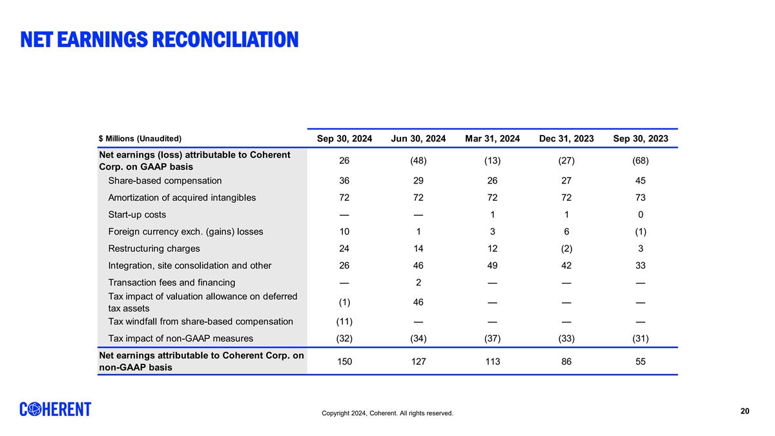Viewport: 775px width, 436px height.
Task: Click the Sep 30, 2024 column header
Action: point(344,139)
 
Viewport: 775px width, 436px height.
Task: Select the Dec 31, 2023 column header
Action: point(566,139)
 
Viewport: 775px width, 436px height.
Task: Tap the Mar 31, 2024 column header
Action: point(492,139)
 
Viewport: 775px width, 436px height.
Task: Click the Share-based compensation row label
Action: point(165,181)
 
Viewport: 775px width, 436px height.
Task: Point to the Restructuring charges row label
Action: point(154,249)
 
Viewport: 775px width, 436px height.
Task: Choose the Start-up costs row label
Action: point(137,214)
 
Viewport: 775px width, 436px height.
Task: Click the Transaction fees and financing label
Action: point(172,282)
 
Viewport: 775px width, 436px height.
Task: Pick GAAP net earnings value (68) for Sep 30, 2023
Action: point(641,161)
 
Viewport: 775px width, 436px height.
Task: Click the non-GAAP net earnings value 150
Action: point(344,362)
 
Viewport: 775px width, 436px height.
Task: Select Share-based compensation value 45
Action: point(641,181)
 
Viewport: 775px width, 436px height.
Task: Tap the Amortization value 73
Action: point(641,198)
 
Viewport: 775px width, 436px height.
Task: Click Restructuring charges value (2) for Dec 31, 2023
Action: point(566,249)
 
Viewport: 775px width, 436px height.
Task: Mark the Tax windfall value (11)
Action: point(344,322)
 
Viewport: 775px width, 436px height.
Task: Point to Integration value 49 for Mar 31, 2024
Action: point(492,265)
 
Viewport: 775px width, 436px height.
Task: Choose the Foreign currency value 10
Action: point(344,231)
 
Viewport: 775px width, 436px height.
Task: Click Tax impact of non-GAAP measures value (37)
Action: point(492,338)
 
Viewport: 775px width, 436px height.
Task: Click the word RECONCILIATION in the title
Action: point(225,39)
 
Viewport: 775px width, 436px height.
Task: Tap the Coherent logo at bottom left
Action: point(56,410)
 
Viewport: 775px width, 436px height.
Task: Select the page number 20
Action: point(745,411)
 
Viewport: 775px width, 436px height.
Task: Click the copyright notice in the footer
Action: point(387,413)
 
